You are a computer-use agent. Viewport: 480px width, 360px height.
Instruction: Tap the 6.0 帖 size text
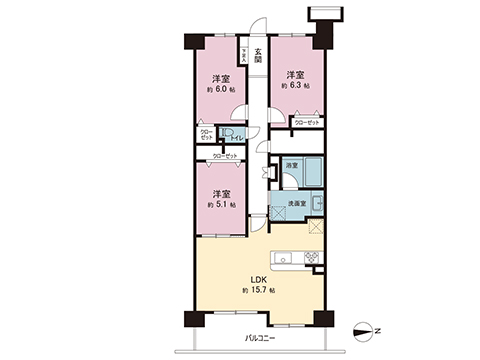tap(223, 89)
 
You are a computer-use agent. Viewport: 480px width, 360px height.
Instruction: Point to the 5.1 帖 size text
tap(222, 204)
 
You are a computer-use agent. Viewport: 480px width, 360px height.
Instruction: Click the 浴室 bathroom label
tap(291, 164)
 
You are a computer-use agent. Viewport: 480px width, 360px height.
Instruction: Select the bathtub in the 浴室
tap(312, 170)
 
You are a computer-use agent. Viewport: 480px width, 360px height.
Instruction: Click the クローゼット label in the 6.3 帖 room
tap(308, 123)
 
